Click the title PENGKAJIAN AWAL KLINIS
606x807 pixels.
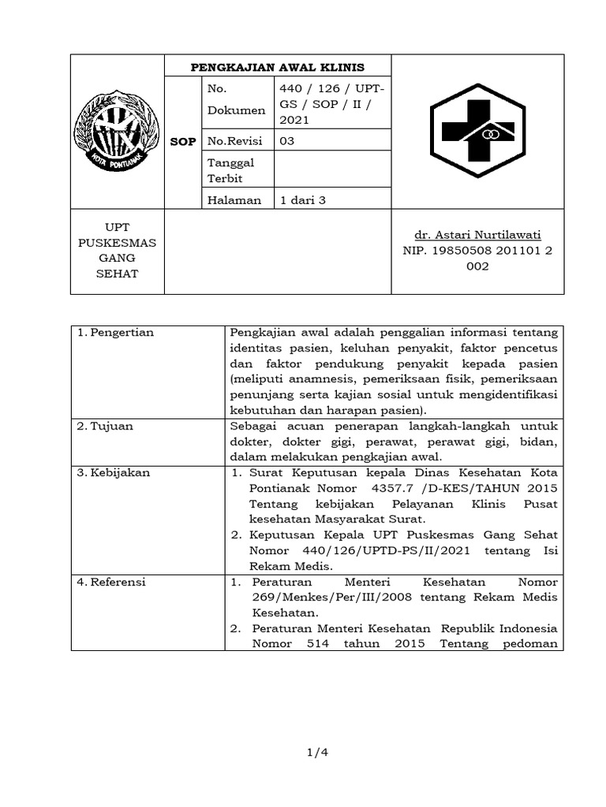[278, 67]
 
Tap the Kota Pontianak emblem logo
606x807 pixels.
[117, 132]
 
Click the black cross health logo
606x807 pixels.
[477, 132]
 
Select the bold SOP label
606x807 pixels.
[183, 141]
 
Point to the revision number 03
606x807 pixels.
[287, 141]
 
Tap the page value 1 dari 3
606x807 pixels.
[303, 200]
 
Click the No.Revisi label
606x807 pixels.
[234, 141]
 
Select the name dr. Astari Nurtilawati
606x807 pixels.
[478, 236]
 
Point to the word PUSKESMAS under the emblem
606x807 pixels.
[118, 243]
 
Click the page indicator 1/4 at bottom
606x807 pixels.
[315, 753]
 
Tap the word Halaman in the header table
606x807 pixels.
[234, 200]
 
